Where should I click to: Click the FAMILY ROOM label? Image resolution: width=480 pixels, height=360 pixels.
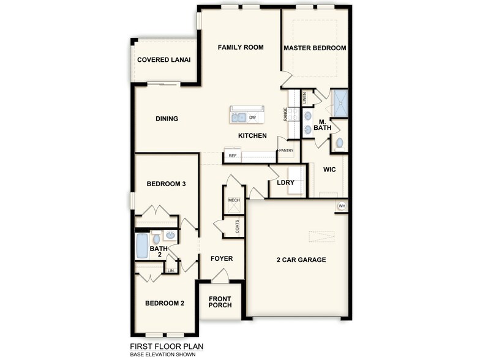click(241, 47)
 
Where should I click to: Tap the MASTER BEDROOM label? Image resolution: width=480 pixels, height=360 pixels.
click(315, 48)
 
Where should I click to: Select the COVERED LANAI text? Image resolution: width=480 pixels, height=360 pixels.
click(163, 60)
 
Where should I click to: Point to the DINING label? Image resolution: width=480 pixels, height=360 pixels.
click(167, 119)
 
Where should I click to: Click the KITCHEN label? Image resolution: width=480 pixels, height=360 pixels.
click(252, 136)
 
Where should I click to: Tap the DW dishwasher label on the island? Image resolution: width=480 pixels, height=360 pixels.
click(252, 117)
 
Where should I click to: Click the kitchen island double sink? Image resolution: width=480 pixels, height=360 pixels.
click(238, 116)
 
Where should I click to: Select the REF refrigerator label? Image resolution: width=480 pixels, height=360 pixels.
click(233, 156)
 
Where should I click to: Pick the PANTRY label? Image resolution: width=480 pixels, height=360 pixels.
click(287, 150)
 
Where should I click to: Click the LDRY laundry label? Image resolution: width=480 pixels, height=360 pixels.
click(286, 183)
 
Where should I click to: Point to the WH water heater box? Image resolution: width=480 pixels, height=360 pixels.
click(342, 206)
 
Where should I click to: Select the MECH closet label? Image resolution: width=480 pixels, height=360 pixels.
click(233, 200)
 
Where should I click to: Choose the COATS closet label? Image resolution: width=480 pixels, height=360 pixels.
click(237, 227)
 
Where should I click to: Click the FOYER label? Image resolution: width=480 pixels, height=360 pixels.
click(222, 258)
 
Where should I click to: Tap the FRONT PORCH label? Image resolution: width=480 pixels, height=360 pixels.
click(220, 302)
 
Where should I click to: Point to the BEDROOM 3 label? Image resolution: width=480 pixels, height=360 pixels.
click(166, 184)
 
